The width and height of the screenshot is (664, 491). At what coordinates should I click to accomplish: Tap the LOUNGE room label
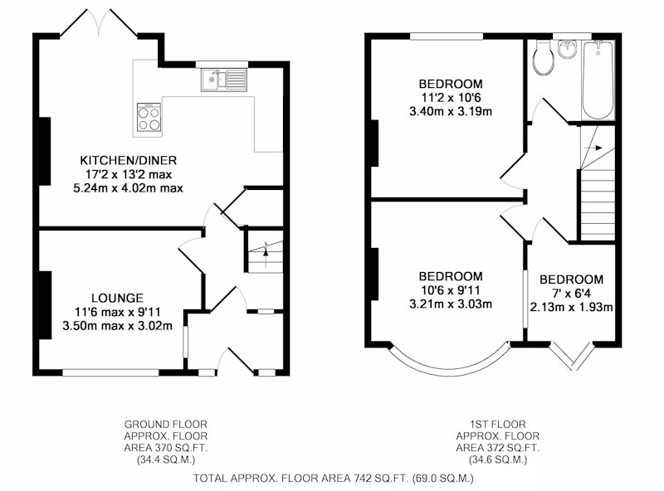117,298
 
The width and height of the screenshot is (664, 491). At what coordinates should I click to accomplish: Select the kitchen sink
224,80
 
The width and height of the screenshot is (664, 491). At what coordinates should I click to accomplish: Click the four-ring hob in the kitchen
149,117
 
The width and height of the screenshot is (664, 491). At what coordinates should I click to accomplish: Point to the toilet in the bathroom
544,58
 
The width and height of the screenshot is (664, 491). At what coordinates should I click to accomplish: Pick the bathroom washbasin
568,49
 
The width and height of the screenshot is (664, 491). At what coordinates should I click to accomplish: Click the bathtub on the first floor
598,80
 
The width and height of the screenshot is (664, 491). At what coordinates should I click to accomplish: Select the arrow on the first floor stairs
593,148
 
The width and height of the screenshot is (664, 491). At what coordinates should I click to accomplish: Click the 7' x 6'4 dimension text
571,294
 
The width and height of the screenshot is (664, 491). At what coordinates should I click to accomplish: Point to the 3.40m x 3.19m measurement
451,112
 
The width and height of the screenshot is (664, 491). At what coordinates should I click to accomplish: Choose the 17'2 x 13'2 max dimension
129,174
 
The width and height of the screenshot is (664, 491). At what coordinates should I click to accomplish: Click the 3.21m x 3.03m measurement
451,304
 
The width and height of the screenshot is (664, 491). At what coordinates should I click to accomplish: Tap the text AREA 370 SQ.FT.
165,448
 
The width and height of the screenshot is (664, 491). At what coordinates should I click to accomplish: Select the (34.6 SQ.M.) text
497,459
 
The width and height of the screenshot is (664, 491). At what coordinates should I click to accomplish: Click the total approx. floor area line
334,479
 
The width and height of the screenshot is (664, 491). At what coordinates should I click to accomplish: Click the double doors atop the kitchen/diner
99,22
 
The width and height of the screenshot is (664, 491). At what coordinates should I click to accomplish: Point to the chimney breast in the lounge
45,305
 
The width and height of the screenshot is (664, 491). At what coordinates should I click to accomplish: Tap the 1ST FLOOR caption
497,424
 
